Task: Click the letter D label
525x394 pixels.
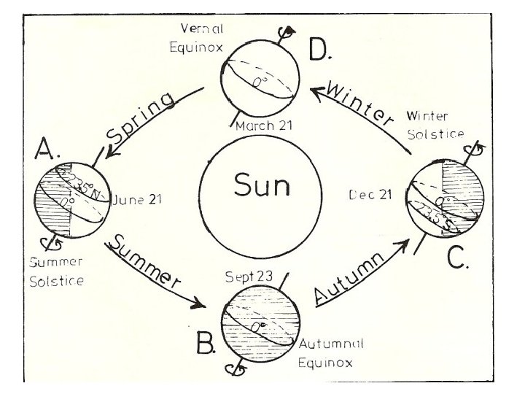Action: (x=320, y=50)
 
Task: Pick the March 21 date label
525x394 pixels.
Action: (x=265, y=125)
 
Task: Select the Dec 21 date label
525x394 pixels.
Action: (x=372, y=195)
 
